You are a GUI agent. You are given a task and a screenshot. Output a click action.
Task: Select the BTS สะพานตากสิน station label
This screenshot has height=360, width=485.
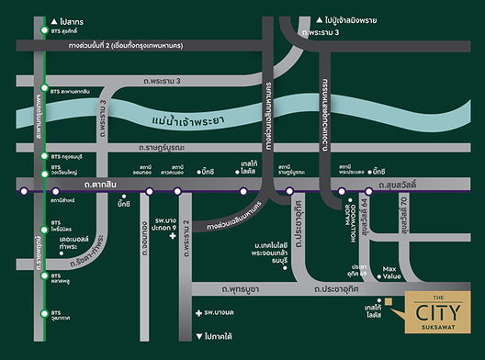(x=71, y=91)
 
